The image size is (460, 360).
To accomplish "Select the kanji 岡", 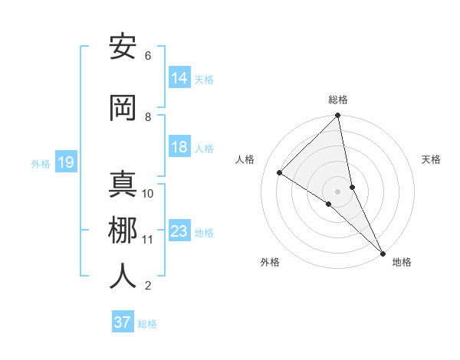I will click(123, 108).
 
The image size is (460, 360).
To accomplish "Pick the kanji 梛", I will click(123, 231).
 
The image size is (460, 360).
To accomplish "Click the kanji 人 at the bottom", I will click(123, 277).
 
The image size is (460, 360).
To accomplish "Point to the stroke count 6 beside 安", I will click(148, 56).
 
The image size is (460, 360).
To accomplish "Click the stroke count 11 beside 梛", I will click(148, 240).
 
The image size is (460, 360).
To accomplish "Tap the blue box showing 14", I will click(179, 77).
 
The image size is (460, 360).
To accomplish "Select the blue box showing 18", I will click(179, 147).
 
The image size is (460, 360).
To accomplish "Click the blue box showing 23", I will click(179, 231).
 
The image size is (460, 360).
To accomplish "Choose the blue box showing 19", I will click(65, 162).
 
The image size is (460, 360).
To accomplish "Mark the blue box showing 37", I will click(122, 322).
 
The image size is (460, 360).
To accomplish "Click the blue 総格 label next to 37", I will click(147, 324).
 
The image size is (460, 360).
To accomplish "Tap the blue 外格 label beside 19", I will click(41, 163).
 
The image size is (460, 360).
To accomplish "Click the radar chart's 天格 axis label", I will click(431, 159).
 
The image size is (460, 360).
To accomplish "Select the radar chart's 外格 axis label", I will click(270, 263).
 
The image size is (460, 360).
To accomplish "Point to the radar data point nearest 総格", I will click(338, 116).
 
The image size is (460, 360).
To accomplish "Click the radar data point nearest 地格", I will click(383, 254).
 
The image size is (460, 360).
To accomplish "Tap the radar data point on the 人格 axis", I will click(280, 172).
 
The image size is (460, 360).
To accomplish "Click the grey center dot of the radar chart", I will click(338, 191).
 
